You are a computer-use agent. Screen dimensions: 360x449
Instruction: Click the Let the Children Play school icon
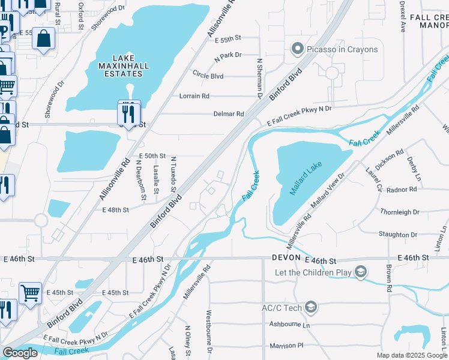pyautogui.click(x=360, y=272)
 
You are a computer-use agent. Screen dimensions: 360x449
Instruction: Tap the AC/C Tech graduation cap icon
pyautogui.click(x=311, y=308)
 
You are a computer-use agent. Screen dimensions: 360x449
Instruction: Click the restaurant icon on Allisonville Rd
pyautogui.click(x=129, y=112)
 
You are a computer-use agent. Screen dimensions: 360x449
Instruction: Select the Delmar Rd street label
pyautogui.click(x=229, y=114)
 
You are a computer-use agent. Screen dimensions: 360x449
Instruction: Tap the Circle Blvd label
pyautogui.click(x=208, y=76)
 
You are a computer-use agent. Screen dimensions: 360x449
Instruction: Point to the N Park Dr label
pyautogui.click(x=228, y=55)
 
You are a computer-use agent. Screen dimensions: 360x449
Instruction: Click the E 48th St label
pyautogui.click(x=116, y=210)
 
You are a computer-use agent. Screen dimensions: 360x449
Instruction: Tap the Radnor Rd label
pyautogui.click(x=402, y=190)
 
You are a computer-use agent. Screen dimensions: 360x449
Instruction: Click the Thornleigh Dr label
pyautogui.click(x=399, y=212)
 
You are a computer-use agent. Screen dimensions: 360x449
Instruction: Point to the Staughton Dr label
pyautogui.click(x=397, y=235)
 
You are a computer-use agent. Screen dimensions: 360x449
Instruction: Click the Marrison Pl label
pyautogui.click(x=288, y=346)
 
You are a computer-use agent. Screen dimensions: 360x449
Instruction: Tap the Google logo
pyautogui.click(x=20, y=353)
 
